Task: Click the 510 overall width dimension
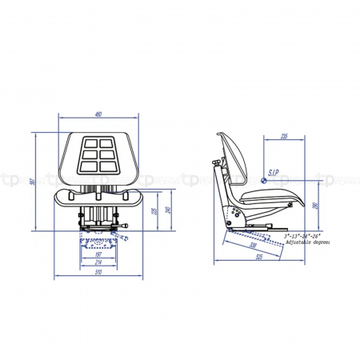tap(98, 272)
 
